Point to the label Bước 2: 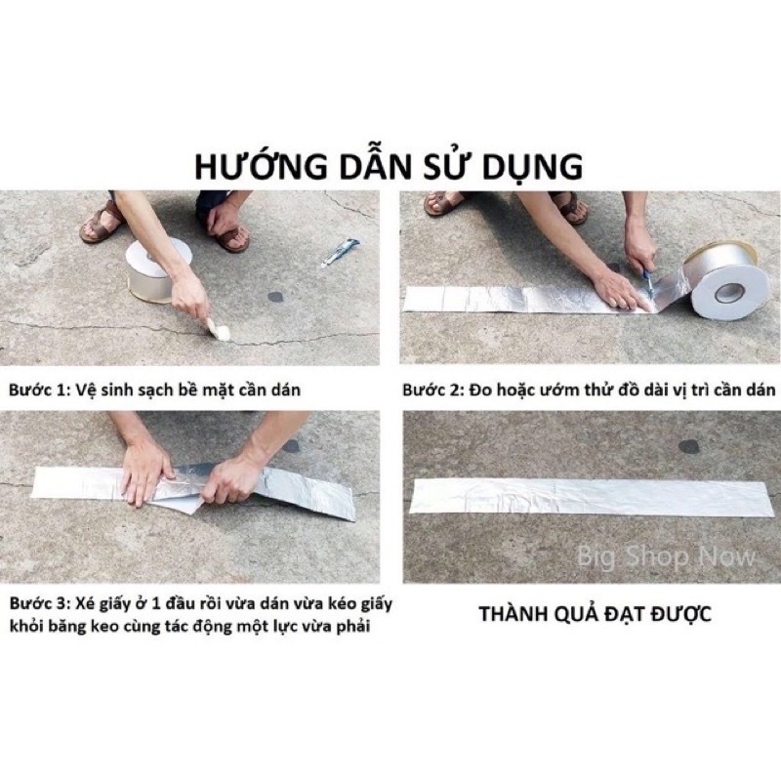pyautogui.click(x=432, y=390)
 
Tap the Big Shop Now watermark pyautogui.click(x=667, y=557)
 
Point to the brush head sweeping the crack pyautogui.click(x=221, y=333)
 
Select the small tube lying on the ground pyautogui.click(x=341, y=252)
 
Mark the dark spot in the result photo pyautogui.click(x=688, y=446)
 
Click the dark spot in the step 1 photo pyautogui.click(x=275, y=296)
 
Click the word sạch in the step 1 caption pyautogui.click(x=148, y=390)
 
